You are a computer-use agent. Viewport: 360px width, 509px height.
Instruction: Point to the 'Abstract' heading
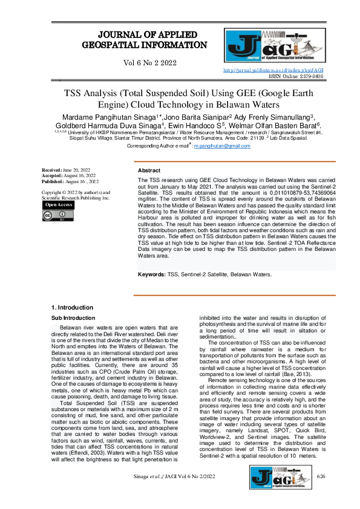149,171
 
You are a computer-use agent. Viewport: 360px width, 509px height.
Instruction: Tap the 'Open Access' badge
59,205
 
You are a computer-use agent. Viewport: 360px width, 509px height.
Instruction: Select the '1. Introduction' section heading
73,308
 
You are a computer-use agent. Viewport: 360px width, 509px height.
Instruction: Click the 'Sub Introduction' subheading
73,317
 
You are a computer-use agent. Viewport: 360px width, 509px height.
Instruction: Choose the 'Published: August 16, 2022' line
70,181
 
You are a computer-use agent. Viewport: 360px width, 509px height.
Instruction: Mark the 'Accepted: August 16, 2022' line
69,177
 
